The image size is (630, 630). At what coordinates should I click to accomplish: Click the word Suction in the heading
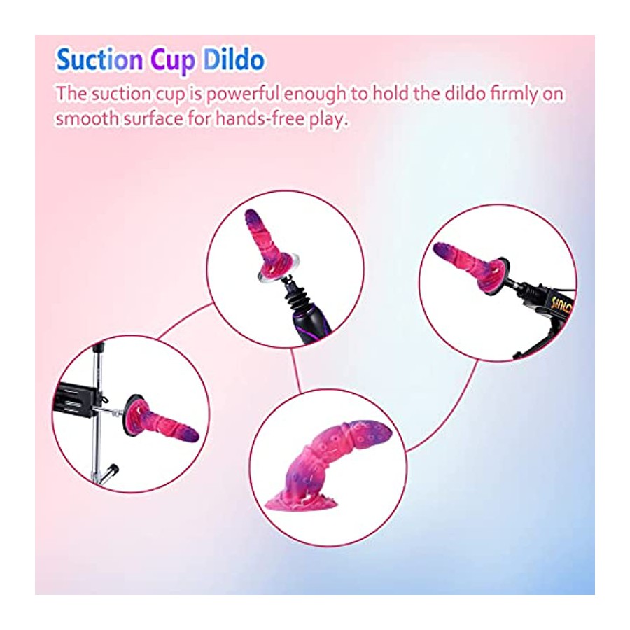[x=99, y=60]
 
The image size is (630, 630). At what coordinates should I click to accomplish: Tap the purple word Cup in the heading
[x=173, y=61]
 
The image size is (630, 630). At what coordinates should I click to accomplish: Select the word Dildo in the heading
[x=234, y=60]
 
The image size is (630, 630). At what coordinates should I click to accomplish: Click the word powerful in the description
[x=242, y=94]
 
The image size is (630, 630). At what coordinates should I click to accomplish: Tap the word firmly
[x=514, y=94]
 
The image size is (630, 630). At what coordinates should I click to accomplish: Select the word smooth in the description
[x=87, y=118]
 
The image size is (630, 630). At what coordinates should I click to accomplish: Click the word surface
[x=153, y=119]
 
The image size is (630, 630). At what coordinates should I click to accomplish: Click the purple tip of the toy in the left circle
[x=190, y=433]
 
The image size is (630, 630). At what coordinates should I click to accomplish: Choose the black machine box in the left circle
[x=76, y=400]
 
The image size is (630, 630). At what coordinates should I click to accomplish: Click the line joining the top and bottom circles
[x=295, y=370]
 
